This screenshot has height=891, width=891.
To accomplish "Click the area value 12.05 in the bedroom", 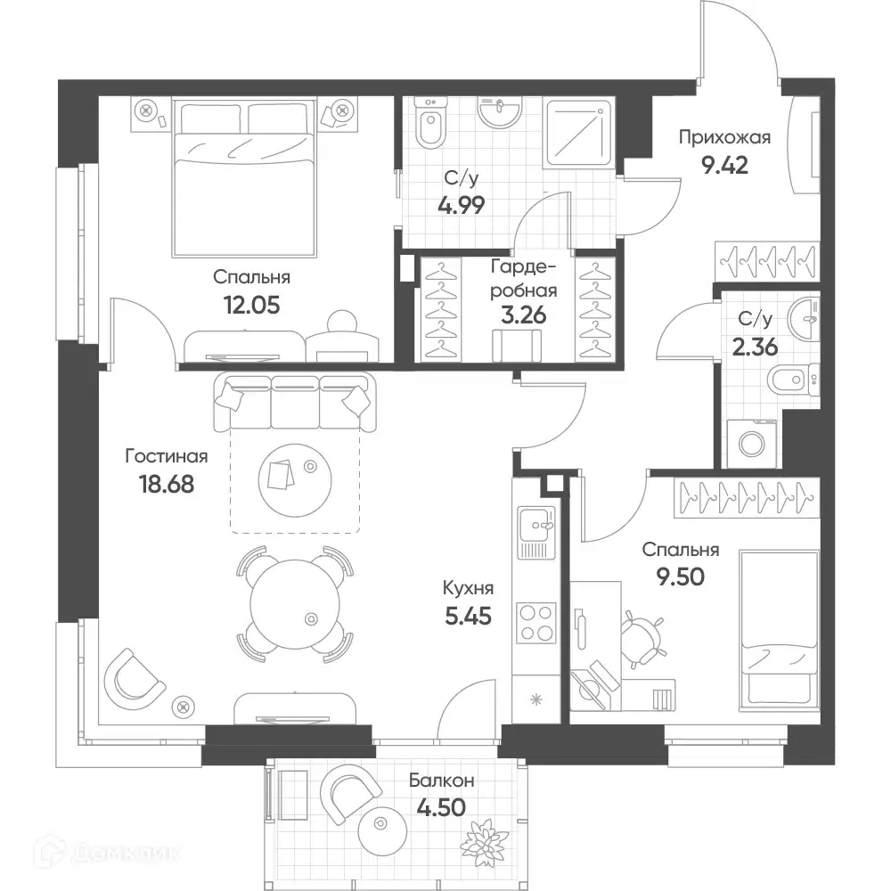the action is click(252, 306).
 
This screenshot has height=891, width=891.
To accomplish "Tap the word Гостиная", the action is click(167, 456).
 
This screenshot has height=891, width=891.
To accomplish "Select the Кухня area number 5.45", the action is click(469, 616).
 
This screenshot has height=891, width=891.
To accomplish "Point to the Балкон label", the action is click(442, 781).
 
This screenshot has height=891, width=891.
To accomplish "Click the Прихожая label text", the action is click(724, 137).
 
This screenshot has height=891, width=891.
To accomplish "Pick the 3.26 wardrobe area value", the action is click(523, 315).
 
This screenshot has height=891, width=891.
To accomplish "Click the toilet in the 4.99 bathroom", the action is click(430, 123).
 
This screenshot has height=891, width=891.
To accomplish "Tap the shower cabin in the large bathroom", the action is click(579, 133).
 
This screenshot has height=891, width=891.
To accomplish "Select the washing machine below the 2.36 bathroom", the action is click(752, 444).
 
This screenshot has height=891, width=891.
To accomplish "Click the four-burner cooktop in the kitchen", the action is click(536, 623).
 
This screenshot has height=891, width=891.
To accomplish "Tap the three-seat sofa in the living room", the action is click(295, 403).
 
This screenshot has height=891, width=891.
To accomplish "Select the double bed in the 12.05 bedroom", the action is click(244, 177).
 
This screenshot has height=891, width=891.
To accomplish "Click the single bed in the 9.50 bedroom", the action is click(779, 630).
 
